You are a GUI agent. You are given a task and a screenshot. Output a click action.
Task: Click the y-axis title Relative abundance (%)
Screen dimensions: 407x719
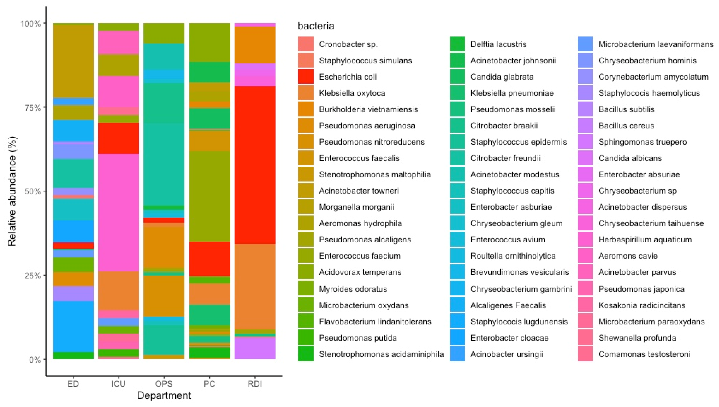12,191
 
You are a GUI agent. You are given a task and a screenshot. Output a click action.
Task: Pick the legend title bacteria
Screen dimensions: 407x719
316,26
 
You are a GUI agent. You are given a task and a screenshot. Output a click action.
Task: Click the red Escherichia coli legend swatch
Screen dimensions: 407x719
306,77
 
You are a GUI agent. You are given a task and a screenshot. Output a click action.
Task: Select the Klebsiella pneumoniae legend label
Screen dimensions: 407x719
512,93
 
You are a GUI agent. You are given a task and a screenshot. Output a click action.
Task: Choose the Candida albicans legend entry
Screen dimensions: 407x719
630,158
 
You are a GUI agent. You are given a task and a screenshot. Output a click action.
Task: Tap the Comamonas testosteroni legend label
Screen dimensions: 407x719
644,354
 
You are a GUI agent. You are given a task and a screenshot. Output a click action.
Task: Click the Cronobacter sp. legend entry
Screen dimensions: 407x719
348,44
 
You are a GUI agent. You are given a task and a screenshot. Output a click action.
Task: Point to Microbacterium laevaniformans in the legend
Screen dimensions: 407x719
656,44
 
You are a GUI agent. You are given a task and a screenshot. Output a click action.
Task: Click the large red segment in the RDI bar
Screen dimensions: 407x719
255,165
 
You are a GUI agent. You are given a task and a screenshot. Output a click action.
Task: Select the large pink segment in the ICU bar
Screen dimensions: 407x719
118,212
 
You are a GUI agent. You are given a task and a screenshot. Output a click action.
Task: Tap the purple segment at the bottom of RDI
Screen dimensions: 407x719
255,348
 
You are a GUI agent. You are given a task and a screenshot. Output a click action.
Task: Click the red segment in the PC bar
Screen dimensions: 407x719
209,259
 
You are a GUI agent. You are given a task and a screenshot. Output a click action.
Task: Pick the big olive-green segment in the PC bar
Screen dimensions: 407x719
209,196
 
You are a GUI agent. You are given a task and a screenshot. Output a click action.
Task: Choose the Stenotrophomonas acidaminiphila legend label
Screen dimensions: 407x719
381,354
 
